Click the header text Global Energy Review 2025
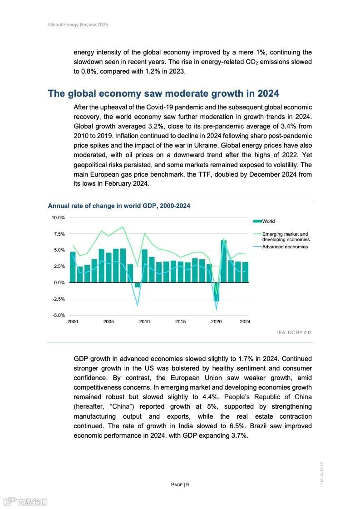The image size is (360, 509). [x=78, y=25]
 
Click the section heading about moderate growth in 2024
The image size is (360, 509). [x=163, y=94]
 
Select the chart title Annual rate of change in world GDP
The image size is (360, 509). [x=119, y=206]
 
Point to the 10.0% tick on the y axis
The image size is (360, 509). [x=58, y=217]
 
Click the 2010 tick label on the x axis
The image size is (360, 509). [x=144, y=321]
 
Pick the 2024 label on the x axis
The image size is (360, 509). [x=245, y=321]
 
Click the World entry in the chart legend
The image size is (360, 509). [x=268, y=221]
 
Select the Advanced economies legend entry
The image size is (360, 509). [x=285, y=247]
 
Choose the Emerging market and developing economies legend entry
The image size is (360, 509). [x=286, y=237]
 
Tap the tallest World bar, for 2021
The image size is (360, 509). [x=223, y=261]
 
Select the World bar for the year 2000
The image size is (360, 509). [x=73, y=267]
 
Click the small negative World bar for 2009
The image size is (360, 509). [x=137, y=285]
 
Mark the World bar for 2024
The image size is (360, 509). [x=245, y=272]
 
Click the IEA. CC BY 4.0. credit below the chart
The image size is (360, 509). [x=295, y=332]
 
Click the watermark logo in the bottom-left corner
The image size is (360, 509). [x=25, y=502]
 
